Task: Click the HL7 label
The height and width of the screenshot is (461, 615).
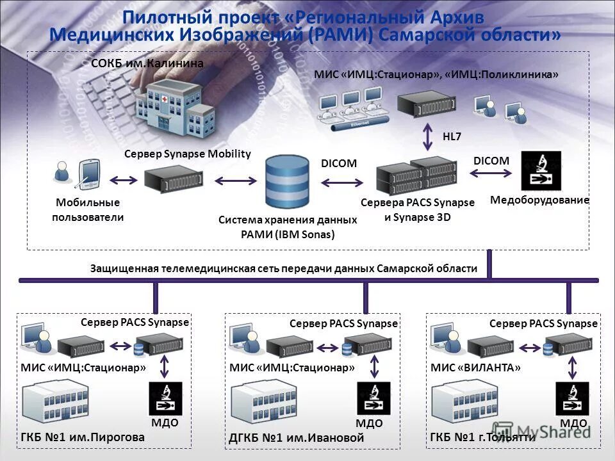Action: coord(452,136)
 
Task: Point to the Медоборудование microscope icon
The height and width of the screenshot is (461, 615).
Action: coord(541,171)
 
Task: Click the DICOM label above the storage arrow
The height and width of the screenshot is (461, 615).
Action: coord(338,163)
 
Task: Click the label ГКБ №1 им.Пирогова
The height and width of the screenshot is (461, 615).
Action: coord(83,437)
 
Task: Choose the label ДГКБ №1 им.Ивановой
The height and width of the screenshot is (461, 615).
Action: coord(296,438)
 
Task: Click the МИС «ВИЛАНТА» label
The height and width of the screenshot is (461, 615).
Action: coord(475,368)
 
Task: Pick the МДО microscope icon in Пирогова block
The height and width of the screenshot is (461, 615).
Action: coord(165,398)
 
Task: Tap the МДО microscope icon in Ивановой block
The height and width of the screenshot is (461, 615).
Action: coord(373,398)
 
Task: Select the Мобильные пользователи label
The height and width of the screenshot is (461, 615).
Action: coord(88,210)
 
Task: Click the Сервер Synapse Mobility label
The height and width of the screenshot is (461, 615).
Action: coord(187,154)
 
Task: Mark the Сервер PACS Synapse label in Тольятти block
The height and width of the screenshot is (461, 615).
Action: coord(543,324)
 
